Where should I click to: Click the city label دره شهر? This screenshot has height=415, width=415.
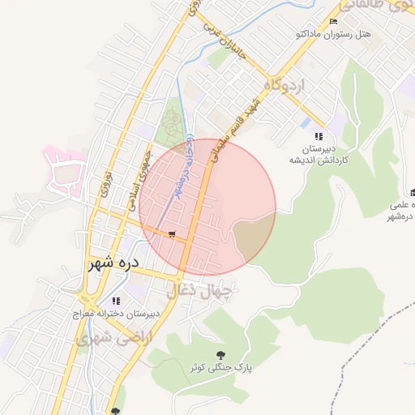(x=113, y=263)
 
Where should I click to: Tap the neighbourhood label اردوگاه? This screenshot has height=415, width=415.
(x=283, y=84)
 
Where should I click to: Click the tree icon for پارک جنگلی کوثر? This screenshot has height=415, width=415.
(x=220, y=354)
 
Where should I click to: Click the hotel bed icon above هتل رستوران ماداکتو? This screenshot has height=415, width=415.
(x=333, y=21)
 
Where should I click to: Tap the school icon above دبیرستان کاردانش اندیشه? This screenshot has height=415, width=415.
(x=319, y=136)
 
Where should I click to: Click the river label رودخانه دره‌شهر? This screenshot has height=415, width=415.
(x=179, y=170)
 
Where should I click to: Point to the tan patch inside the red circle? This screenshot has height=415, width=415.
(x=252, y=235)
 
